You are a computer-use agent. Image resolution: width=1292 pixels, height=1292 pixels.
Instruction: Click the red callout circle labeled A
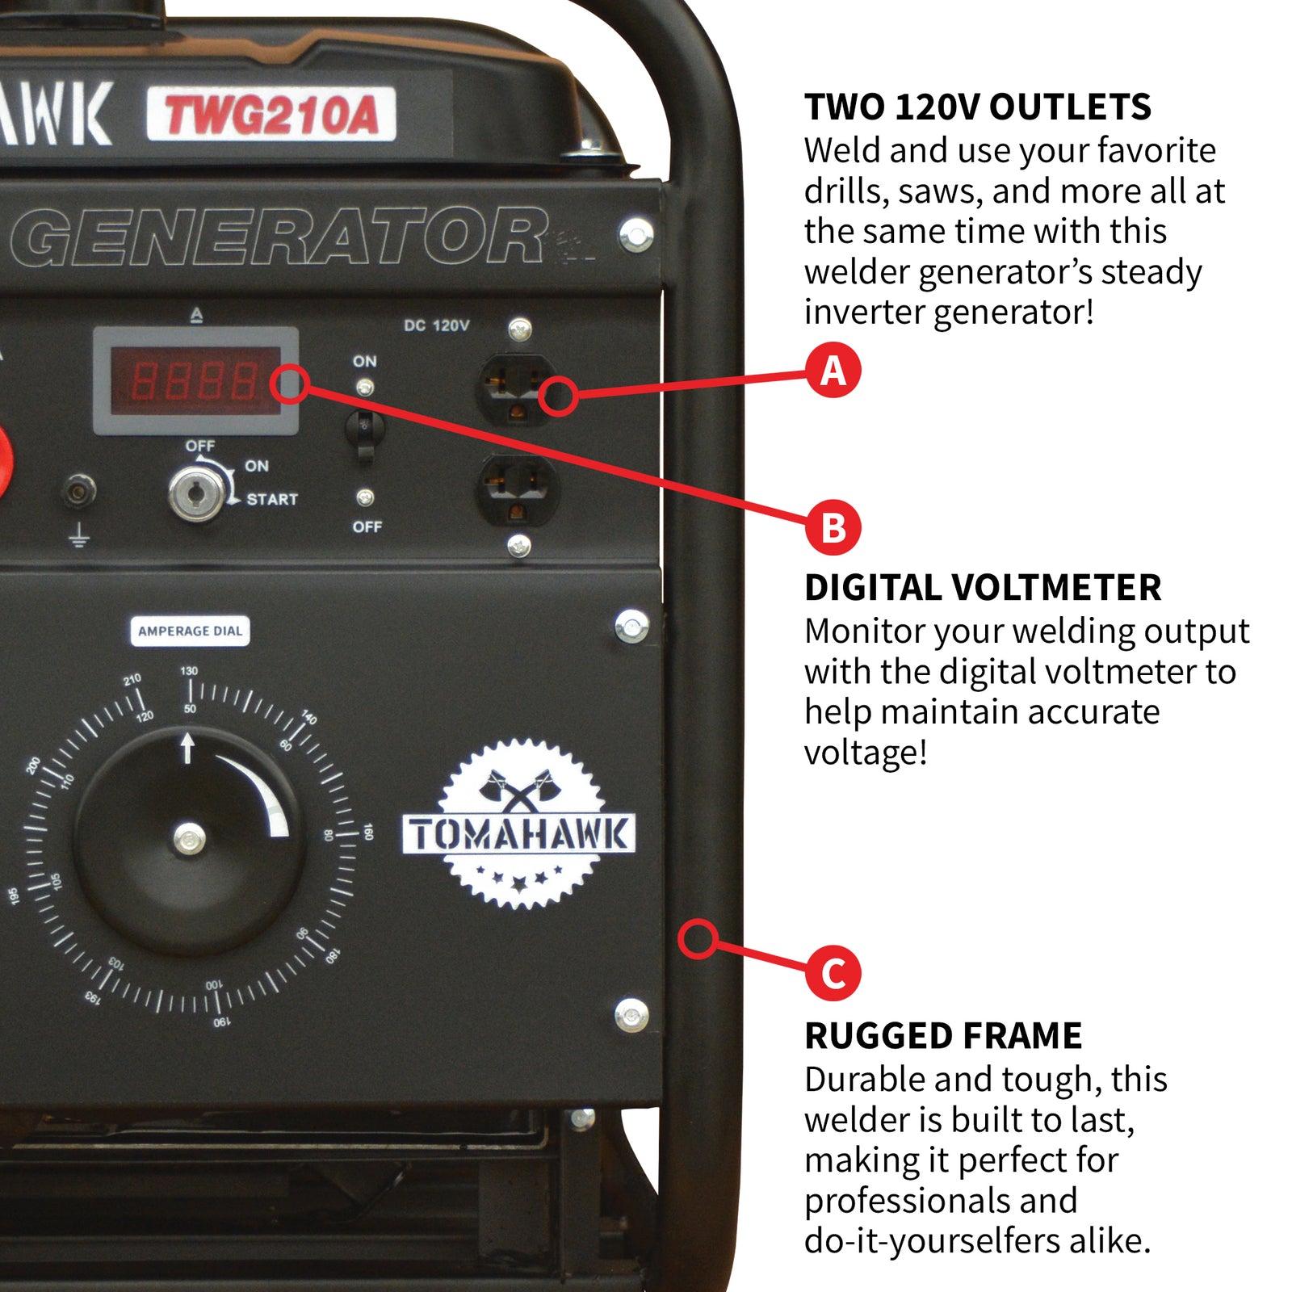pos(833,371)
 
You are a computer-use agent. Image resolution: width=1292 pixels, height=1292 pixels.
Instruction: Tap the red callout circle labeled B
pos(833,528)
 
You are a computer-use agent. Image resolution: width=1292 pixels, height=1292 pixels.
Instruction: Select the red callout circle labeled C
pos(833,973)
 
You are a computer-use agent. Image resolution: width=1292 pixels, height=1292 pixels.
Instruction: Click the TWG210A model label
pos(271,115)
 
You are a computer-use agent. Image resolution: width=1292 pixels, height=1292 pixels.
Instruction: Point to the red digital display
pos(195,380)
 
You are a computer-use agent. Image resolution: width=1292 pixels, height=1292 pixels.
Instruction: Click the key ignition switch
pos(196,493)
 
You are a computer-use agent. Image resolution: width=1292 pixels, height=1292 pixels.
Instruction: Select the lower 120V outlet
pos(517,489)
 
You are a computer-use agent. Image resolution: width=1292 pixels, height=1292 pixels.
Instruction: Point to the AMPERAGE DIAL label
pos(190,631)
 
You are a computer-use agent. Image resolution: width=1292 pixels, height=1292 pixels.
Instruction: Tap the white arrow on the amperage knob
pos(187,747)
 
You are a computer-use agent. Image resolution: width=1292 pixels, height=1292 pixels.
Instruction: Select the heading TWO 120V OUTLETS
pos(977,107)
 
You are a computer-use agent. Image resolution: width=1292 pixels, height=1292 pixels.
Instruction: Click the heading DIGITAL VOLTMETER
pos(982,588)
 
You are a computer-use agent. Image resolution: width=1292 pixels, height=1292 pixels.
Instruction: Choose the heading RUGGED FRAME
pos(942,1036)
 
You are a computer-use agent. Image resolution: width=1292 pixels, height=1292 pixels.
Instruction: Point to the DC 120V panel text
pos(436,325)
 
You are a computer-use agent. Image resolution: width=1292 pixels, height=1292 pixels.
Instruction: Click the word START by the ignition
pos(272,500)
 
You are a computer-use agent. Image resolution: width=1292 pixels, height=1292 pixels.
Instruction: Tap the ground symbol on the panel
pos(78,535)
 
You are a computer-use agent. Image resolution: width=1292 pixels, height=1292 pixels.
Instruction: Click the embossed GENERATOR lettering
pos(279,237)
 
